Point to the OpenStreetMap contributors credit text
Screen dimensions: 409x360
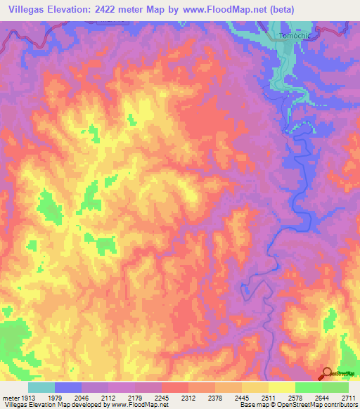tap(322, 404)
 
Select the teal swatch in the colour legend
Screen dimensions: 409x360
tap(41, 387)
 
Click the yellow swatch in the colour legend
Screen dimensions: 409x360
tap(282, 387)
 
